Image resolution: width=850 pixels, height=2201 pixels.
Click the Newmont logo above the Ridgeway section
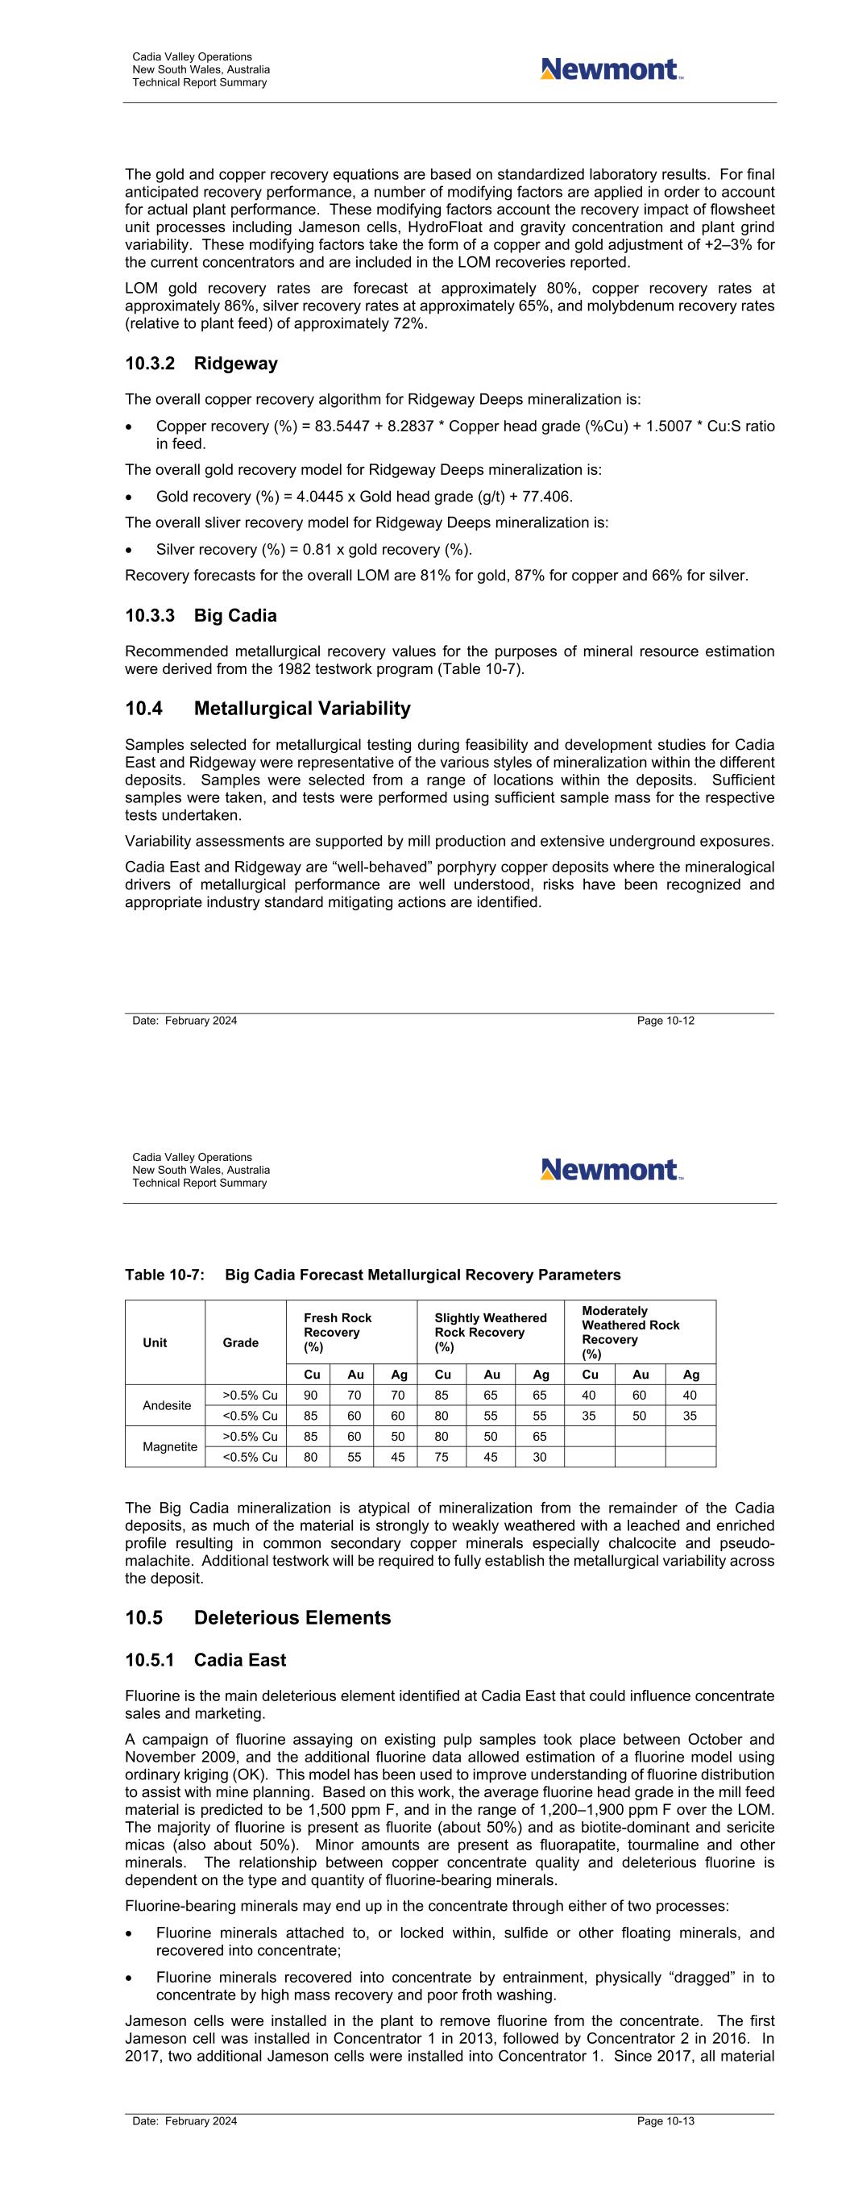tap(611, 69)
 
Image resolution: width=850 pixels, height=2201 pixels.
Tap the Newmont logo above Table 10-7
tap(611, 1169)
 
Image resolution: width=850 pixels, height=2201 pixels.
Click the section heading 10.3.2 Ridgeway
tap(201, 364)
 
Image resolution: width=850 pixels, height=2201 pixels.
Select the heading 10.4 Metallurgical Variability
tap(267, 709)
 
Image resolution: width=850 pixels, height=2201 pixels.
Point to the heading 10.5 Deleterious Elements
tap(257, 1617)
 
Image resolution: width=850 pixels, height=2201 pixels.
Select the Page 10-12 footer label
tap(665, 1020)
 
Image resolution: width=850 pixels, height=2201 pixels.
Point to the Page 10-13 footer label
tap(665, 2120)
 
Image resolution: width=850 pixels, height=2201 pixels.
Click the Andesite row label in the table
tap(167, 1405)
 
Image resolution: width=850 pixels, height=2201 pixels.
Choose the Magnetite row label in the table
tap(169, 1446)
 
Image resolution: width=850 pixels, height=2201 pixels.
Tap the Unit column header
tap(155, 1342)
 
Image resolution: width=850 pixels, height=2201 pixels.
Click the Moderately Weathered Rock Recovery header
tap(631, 1332)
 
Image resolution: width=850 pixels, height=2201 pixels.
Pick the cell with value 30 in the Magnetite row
tap(539, 1457)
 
